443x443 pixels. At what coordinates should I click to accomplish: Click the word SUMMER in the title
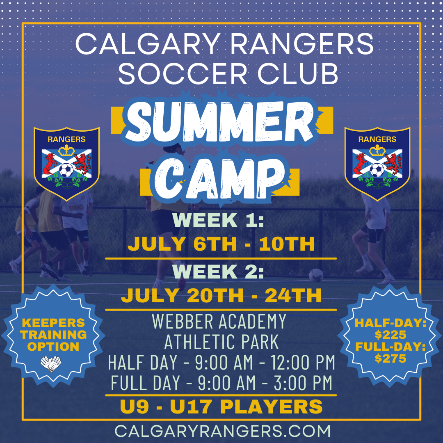(221, 121)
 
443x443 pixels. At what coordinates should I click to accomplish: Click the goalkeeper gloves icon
(51, 363)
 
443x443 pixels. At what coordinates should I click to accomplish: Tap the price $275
(390, 359)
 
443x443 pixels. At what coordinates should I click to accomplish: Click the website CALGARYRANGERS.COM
(222, 431)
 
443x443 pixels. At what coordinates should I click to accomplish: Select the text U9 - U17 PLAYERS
(221, 407)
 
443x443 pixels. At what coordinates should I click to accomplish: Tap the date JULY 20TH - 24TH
(221, 295)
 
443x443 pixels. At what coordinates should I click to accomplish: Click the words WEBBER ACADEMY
(219, 321)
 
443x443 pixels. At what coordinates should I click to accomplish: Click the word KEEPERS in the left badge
(54, 323)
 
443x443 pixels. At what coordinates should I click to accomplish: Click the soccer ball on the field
(316, 275)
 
